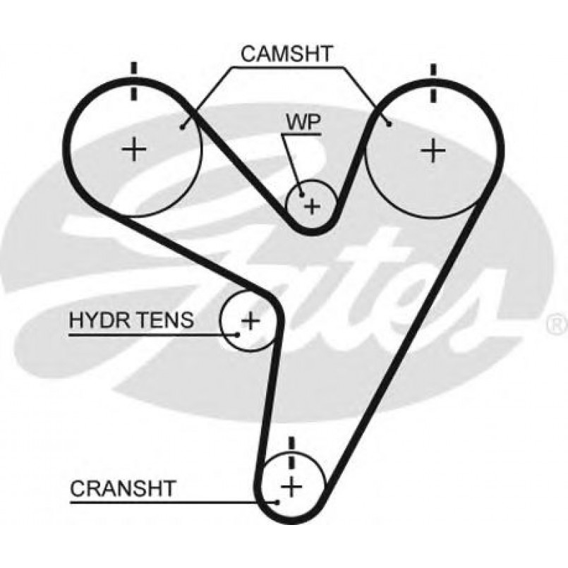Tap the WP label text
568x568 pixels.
click(x=303, y=121)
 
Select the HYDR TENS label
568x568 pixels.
click(x=131, y=320)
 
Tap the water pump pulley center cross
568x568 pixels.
click(x=312, y=205)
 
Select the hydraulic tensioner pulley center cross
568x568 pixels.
click(x=250, y=321)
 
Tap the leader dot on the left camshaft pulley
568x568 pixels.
click(x=182, y=127)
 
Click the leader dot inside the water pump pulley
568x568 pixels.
click(x=301, y=193)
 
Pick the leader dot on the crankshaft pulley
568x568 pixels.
click(x=279, y=502)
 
